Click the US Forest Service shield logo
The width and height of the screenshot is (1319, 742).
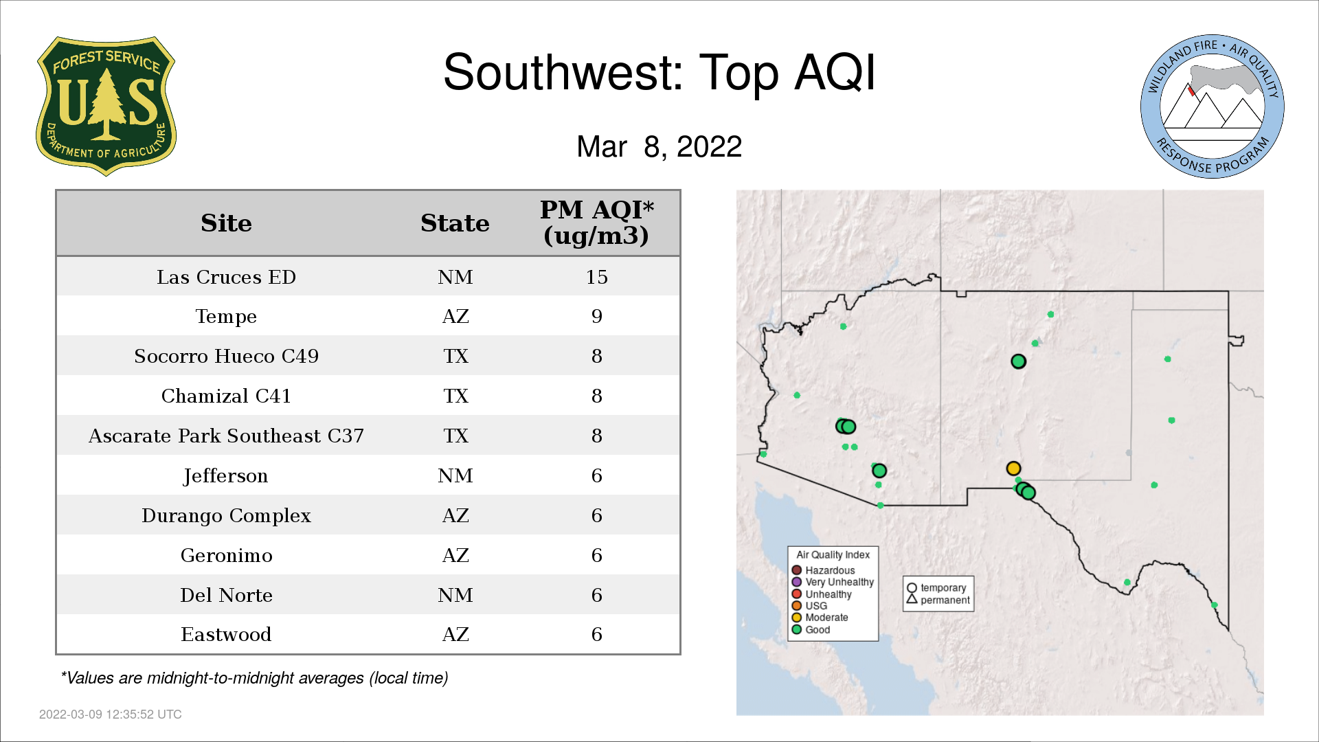coord(106,106)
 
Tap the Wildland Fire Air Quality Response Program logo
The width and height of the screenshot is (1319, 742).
coord(1213,106)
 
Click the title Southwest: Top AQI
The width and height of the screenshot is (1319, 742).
coord(659,72)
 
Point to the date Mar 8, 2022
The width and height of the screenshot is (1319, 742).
coord(659,146)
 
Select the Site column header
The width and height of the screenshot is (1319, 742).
coord(226,223)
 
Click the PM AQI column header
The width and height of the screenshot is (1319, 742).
coord(596,223)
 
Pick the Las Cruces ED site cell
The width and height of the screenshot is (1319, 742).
coord(226,277)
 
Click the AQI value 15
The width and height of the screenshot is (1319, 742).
coord(596,277)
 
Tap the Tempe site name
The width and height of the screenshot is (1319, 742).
coord(226,317)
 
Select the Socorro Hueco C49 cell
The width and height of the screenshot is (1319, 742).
coord(226,356)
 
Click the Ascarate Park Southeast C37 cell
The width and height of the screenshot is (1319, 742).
coord(226,436)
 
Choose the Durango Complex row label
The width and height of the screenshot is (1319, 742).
coord(226,516)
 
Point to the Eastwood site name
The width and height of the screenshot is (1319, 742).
coord(226,634)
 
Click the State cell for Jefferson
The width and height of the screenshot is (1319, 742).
coord(455,475)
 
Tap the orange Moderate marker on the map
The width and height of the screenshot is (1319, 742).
coord(1013,469)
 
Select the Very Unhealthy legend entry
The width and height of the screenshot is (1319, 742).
coord(833,582)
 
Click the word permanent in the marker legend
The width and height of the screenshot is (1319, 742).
coord(945,600)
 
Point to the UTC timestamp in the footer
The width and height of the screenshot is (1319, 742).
coord(111,715)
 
